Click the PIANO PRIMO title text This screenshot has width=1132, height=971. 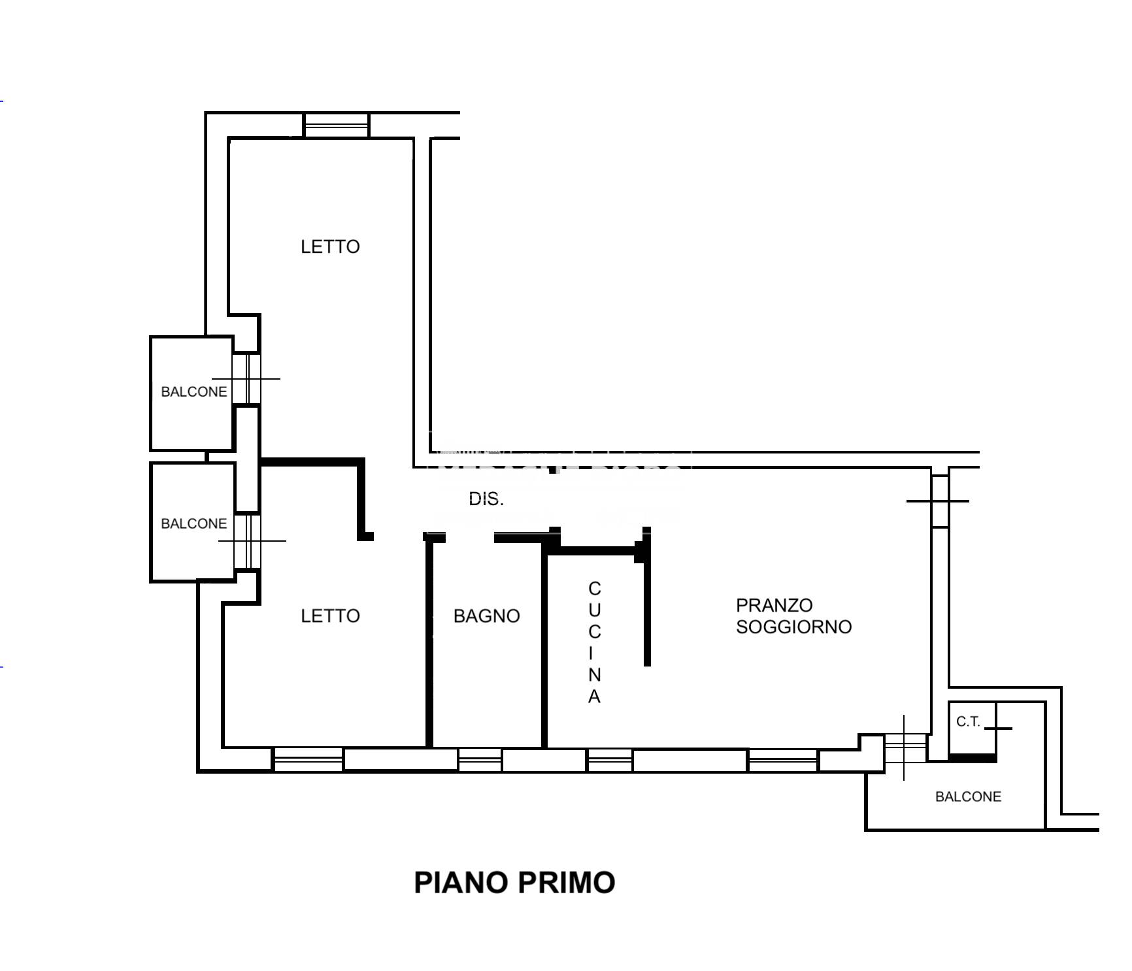(514, 882)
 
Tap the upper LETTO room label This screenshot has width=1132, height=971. (330, 246)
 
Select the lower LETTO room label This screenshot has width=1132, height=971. (330, 616)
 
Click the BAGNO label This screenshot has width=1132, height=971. (486, 616)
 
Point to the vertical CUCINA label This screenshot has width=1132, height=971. (594, 642)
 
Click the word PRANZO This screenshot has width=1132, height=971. (774, 605)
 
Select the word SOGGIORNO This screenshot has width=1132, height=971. (794, 627)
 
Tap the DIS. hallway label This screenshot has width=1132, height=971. (486, 499)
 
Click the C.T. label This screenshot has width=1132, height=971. (968, 721)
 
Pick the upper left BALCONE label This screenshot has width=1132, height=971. (194, 391)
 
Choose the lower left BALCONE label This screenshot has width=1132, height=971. (194, 523)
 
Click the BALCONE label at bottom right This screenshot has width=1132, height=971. (968, 797)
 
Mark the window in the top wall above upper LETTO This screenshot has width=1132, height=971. (337, 125)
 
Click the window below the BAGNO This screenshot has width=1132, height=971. (480, 760)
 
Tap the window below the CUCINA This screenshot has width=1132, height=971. (610, 760)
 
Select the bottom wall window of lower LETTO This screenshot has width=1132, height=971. (308, 760)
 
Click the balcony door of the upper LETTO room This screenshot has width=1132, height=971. (246, 378)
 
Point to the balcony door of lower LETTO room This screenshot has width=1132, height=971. (247, 541)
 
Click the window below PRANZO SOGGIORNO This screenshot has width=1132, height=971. (782, 760)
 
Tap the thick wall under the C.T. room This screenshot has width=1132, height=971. (973, 758)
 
